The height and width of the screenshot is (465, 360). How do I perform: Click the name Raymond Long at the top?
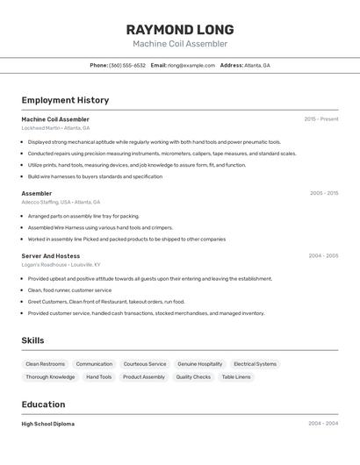click(x=180, y=30)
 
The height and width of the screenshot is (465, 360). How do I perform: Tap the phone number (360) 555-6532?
click(x=127, y=65)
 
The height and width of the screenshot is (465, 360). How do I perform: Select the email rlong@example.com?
click(x=191, y=65)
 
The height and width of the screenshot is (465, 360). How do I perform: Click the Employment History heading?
click(x=65, y=100)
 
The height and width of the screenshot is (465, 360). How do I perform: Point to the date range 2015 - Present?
click(x=321, y=119)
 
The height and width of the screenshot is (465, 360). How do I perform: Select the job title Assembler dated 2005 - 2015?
click(x=37, y=193)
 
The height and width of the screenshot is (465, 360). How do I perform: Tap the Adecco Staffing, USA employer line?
click(x=61, y=202)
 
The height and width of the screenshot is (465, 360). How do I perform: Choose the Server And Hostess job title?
click(x=51, y=256)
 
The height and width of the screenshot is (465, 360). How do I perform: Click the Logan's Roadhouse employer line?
click(x=61, y=265)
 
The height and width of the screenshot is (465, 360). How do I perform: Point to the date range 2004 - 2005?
click(x=323, y=256)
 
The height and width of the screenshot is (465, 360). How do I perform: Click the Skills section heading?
click(x=32, y=340)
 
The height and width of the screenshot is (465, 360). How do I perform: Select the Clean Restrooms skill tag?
click(x=45, y=364)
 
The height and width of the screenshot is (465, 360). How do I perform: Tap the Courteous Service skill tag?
click(x=145, y=364)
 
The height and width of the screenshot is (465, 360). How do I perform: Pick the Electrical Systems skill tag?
click(x=255, y=364)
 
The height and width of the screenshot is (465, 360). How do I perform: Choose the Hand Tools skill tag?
click(x=98, y=377)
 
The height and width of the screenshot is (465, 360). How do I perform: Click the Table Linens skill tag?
click(x=236, y=377)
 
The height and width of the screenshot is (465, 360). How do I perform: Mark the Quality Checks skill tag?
click(x=193, y=377)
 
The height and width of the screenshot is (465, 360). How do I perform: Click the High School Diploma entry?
click(x=48, y=424)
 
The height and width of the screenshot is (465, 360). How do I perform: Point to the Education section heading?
click(x=43, y=404)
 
